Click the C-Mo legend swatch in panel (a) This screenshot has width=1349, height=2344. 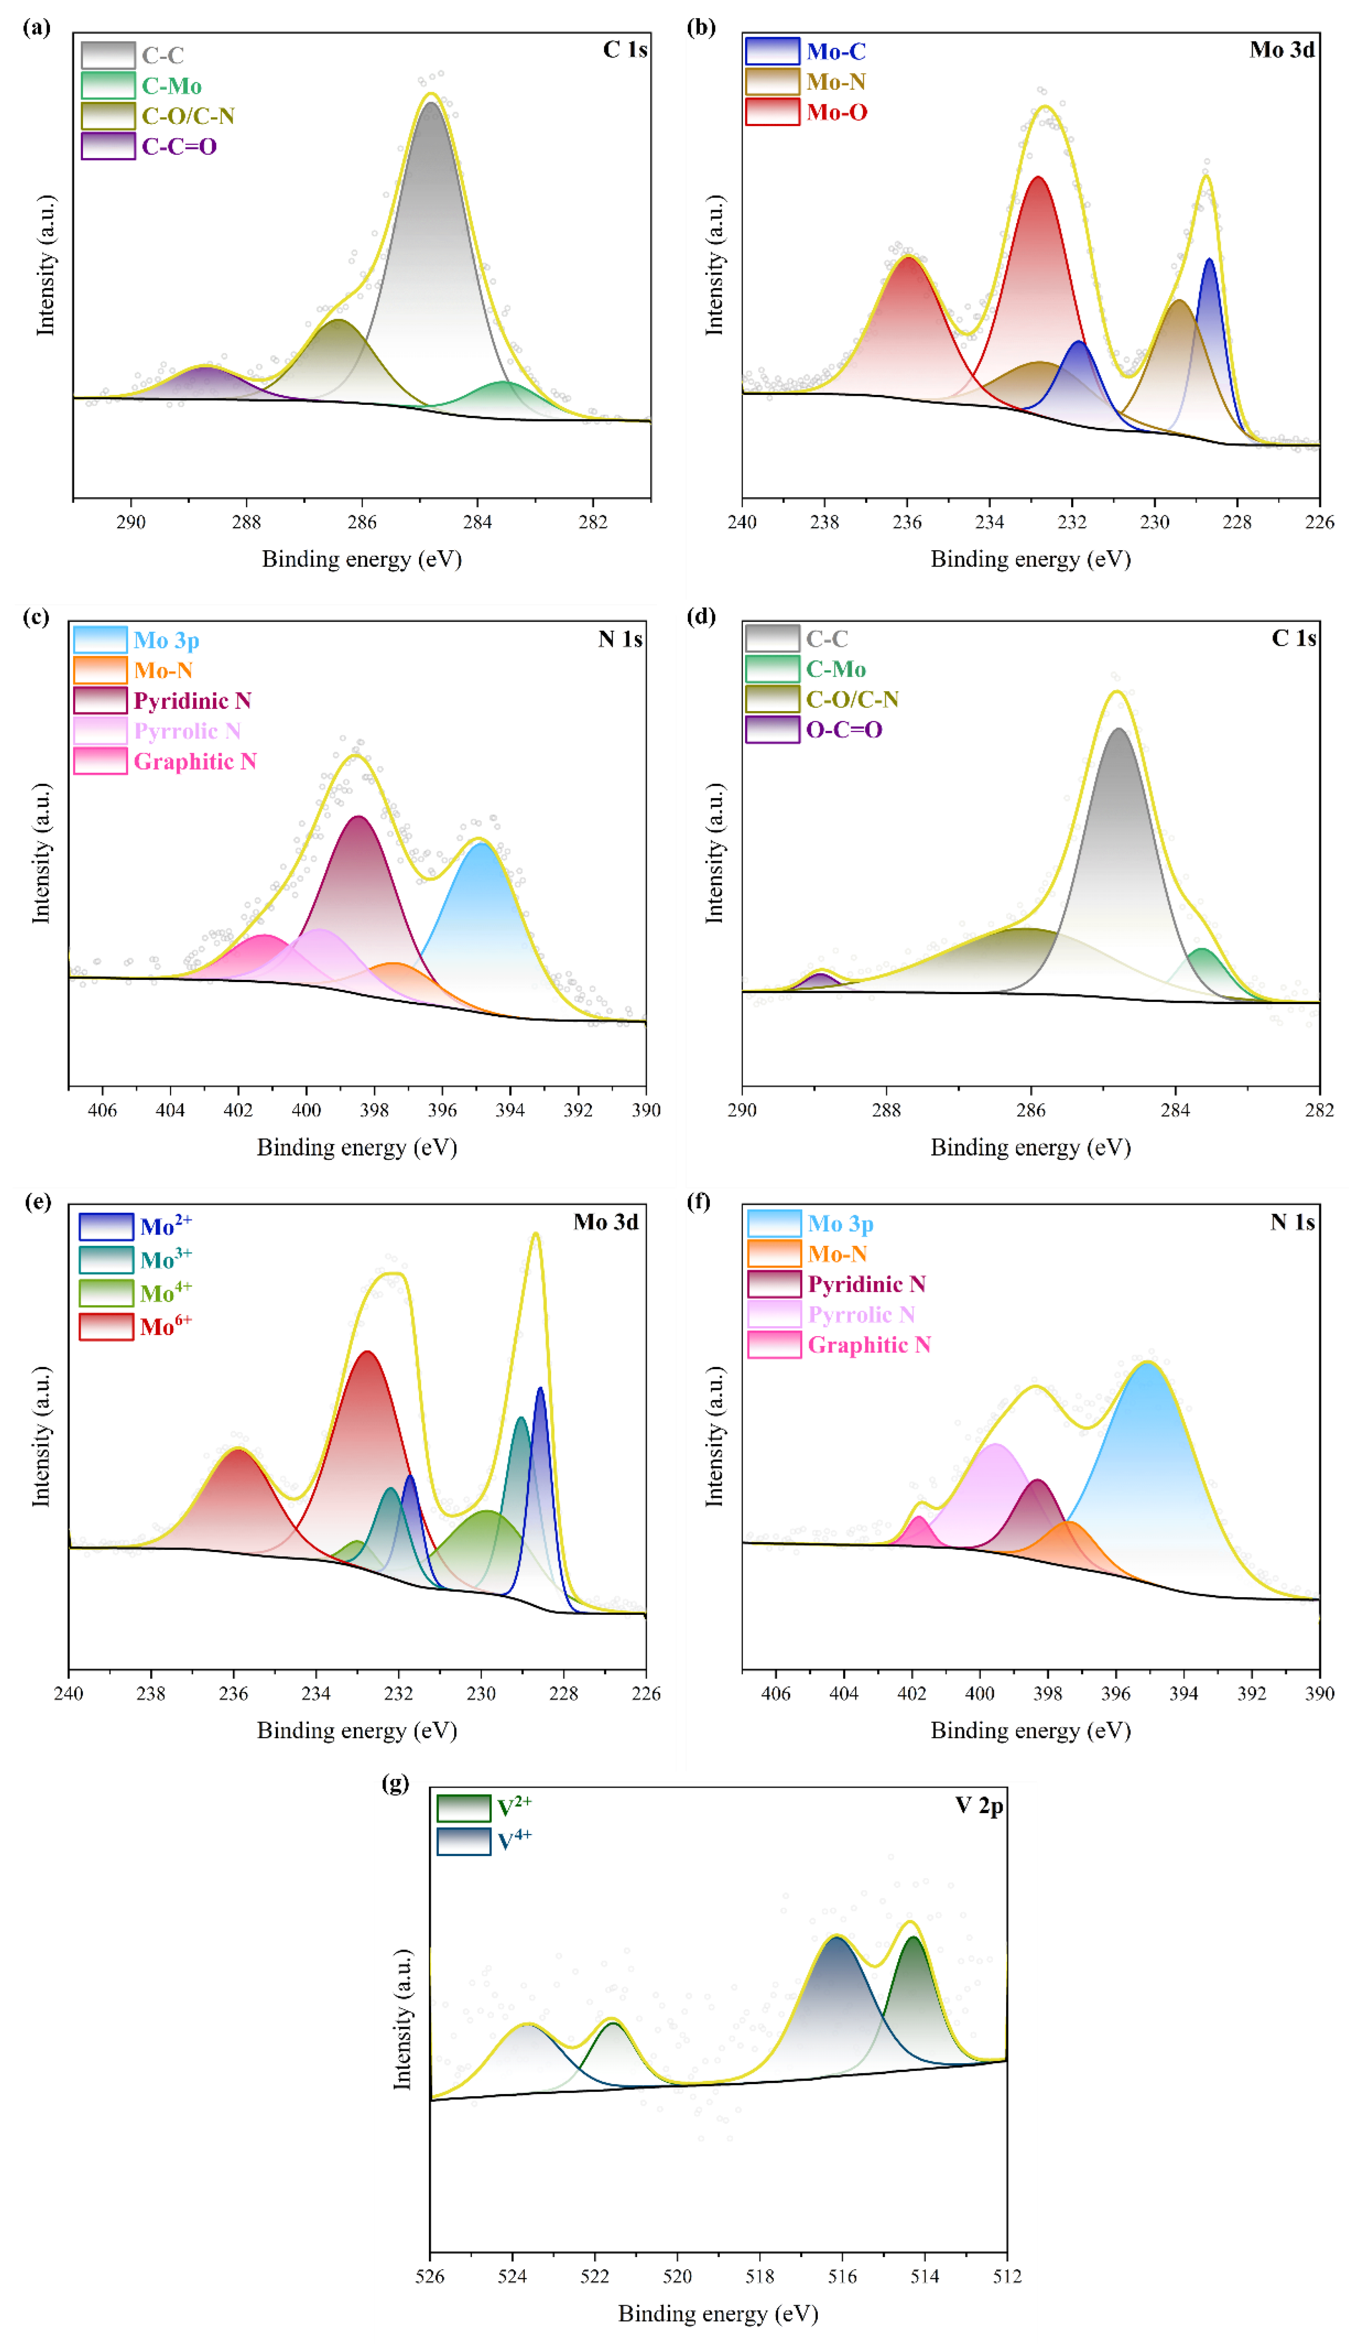[108, 85]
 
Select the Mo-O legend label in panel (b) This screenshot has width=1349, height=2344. [837, 112]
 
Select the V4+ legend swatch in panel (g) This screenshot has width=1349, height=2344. [463, 1841]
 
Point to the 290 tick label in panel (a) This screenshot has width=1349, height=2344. [131, 522]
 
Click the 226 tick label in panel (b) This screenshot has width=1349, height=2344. [1319, 522]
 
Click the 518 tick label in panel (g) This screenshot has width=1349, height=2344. [760, 2276]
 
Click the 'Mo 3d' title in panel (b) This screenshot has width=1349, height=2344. [1281, 49]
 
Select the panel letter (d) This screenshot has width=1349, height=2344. [700, 616]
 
